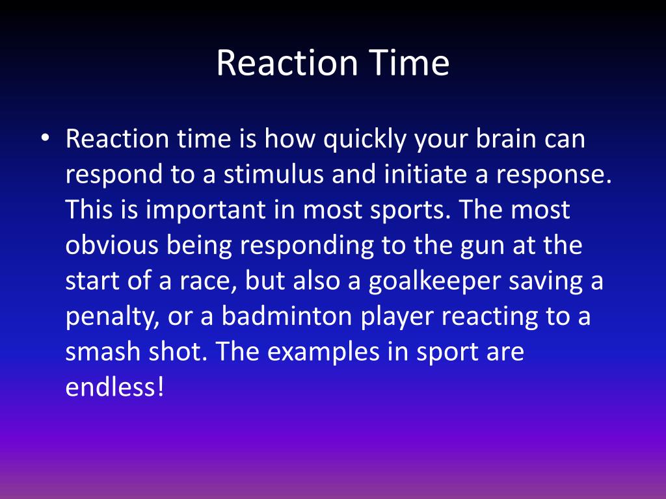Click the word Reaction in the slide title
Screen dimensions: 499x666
pos(287,64)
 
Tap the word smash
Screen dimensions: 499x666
pos(104,352)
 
